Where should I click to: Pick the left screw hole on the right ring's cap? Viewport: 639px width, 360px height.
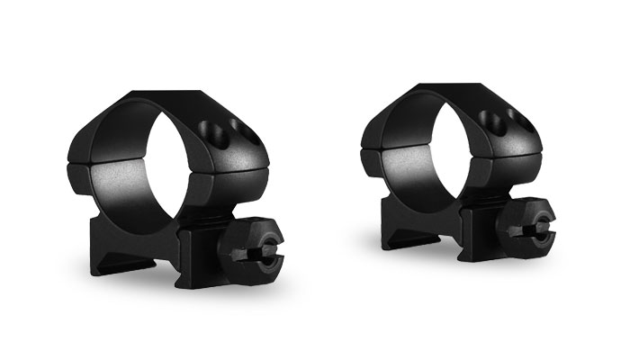491,115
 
